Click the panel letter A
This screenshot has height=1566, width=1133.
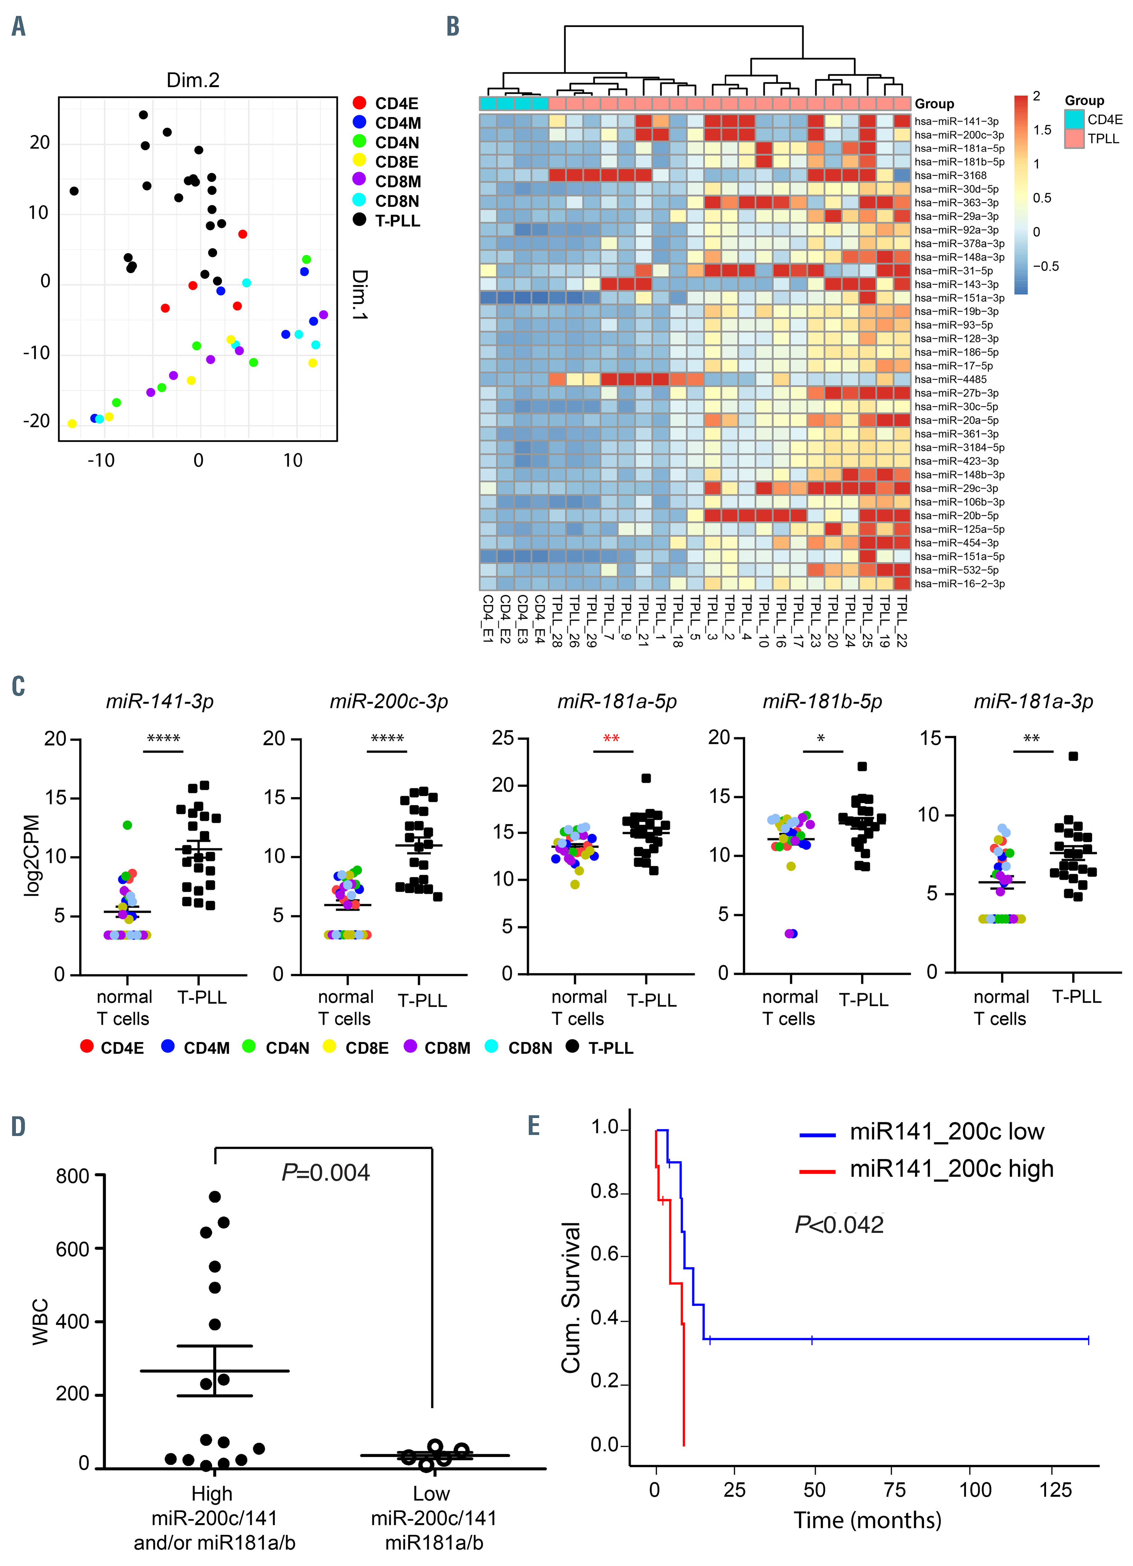(19, 26)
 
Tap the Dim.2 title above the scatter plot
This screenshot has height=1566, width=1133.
(193, 80)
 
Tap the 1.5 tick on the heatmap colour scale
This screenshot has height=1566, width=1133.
(1042, 130)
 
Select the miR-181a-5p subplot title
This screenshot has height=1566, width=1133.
(617, 702)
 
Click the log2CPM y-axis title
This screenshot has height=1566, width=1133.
(32, 856)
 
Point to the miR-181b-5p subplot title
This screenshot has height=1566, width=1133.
(822, 702)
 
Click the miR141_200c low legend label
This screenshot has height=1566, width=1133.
(946, 1132)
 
